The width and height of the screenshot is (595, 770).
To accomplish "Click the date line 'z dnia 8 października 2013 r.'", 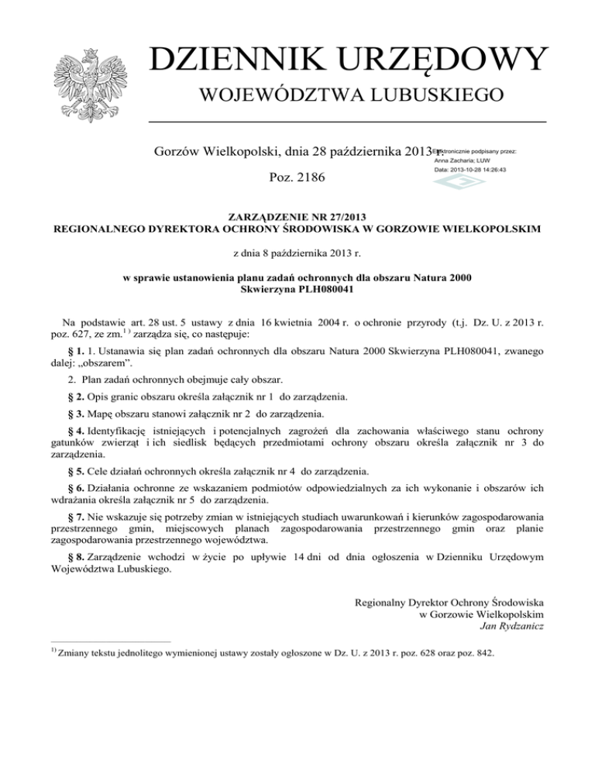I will [x=298, y=252].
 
